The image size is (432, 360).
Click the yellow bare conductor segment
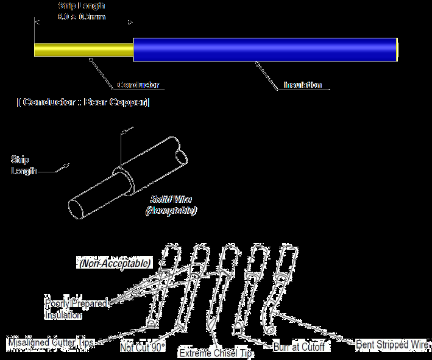click(x=83, y=49)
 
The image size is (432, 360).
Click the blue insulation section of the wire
click(x=264, y=49)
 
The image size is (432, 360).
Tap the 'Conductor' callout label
click(x=138, y=85)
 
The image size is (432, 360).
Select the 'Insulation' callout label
click(x=302, y=85)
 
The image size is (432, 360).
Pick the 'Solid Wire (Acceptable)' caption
click(x=171, y=205)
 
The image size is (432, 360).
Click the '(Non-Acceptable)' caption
click(x=115, y=264)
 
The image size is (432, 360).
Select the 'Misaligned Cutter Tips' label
click(x=51, y=342)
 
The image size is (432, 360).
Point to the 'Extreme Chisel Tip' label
click(x=216, y=353)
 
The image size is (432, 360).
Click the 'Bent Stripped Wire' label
click(x=392, y=344)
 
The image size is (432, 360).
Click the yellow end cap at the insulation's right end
click(x=397, y=49)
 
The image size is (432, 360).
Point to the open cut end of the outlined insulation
click(x=182, y=152)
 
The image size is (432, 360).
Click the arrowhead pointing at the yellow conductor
click(x=91, y=60)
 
